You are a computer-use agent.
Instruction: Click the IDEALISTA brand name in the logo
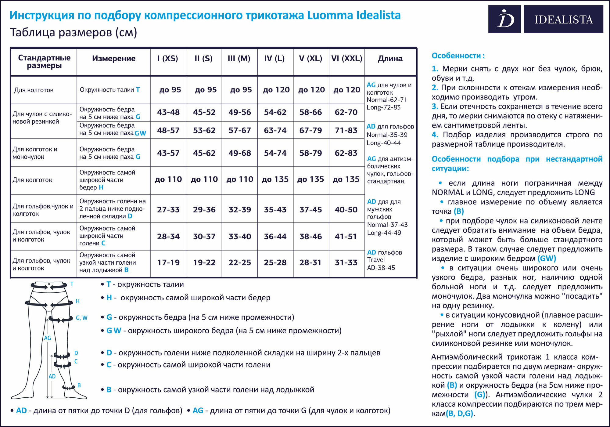pyautogui.click(x=563, y=20)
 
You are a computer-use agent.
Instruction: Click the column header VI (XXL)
pyautogui.click(x=347, y=58)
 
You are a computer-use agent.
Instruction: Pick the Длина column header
pyautogui.click(x=390, y=58)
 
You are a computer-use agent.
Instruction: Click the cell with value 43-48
pyautogui.click(x=168, y=112)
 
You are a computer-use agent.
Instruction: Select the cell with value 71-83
pyautogui.click(x=346, y=130)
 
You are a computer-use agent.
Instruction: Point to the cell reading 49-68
pyautogui.click(x=240, y=153)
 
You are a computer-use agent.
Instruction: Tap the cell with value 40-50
pyautogui.click(x=346, y=210)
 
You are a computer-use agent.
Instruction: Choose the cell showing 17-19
pyautogui.click(x=168, y=262)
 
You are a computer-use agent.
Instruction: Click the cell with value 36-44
pyautogui.click(x=275, y=237)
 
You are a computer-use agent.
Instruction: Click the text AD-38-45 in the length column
pyautogui.click(x=381, y=268)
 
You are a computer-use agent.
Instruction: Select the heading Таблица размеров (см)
pyautogui.click(x=74, y=32)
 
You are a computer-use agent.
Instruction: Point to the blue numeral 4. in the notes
pyautogui.click(x=435, y=135)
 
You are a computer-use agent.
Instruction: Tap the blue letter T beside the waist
pyautogui.click(x=72, y=284)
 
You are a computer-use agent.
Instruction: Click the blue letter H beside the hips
pyautogui.click(x=77, y=301)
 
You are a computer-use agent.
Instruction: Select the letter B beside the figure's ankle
pyautogui.click(x=79, y=385)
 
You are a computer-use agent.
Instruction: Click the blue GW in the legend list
pyautogui.click(x=114, y=331)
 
